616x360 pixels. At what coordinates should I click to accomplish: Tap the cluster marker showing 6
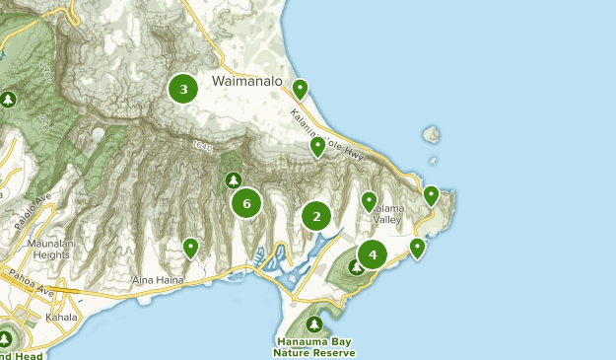click(245, 204)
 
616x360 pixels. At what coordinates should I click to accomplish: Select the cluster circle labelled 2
click(316, 216)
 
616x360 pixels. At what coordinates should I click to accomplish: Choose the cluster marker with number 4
click(372, 254)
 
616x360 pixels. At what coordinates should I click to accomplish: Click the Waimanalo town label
click(246, 82)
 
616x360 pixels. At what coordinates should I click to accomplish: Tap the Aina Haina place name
click(158, 280)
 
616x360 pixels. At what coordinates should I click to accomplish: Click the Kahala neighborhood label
click(60, 318)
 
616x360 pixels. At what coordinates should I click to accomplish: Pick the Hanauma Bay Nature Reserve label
click(314, 347)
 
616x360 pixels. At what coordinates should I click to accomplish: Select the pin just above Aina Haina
click(190, 247)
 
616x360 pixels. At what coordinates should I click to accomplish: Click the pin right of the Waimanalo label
click(300, 89)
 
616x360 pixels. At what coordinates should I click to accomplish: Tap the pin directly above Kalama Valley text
click(369, 201)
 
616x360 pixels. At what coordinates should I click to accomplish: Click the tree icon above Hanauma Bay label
click(314, 324)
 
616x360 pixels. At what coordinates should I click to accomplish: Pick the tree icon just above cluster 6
click(234, 180)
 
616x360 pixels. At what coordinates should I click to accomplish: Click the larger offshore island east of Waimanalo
click(430, 134)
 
